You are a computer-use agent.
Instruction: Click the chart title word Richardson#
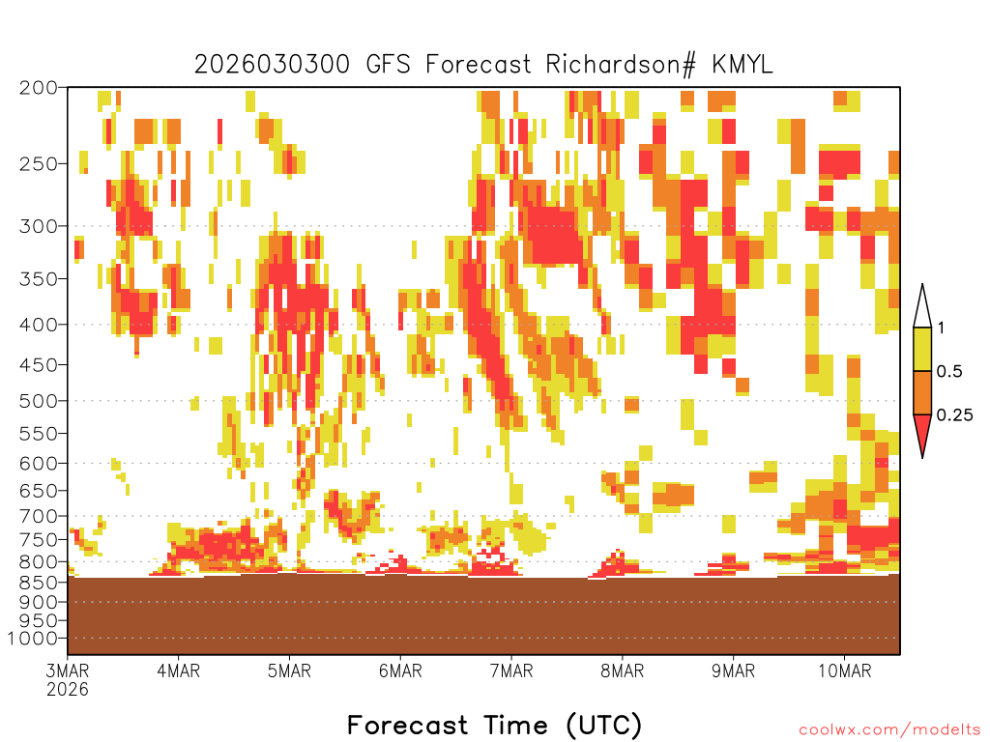point(621,65)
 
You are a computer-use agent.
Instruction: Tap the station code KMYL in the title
point(742,65)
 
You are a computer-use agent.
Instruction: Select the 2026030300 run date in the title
point(272,65)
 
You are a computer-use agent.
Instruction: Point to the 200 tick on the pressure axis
point(39,88)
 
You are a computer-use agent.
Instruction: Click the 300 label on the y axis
point(39,226)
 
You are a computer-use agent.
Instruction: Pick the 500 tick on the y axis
point(39,401)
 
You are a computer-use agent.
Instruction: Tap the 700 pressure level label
point(39,516)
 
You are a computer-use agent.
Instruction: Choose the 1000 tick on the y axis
point(33,639)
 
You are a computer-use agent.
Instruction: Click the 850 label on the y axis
point(39,583)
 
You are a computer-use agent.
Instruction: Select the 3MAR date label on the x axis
point(68,671)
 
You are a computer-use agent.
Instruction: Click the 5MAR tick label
point(289,671)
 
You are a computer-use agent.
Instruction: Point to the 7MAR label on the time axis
point(511,671)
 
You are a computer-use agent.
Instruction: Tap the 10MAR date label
point(845,671)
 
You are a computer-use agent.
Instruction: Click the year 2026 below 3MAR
point(68,690)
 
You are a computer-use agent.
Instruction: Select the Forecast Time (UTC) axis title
point(494,726)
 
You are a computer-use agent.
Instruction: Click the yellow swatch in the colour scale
point(922,349)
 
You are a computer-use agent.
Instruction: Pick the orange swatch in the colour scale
point(922,392)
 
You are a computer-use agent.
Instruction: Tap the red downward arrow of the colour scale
point(922,432)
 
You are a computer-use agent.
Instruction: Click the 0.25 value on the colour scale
point(954,415)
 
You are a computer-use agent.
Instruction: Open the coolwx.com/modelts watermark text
point(889,730)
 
